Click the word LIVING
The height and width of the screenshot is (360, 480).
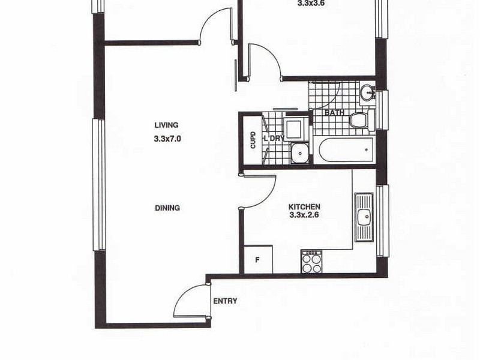[x=166, y=125]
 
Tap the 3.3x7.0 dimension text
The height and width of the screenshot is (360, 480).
[x=167, y=138]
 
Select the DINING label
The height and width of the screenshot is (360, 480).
[x=167, y=208]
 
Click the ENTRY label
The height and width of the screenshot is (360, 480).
[x=225, y=301]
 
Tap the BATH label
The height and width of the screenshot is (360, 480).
[x=334, y=113]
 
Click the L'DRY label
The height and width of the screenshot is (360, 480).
[x=274, y=139]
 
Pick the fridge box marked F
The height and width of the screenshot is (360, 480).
[x=257, y=260]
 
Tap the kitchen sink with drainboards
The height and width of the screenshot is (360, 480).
[x=364, y=217]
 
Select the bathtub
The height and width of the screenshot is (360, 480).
[x=346, y=150]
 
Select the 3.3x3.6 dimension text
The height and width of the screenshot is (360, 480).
[x=310, y=3]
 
